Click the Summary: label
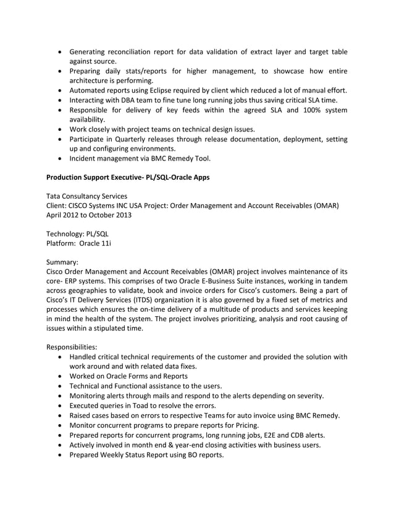(x=64, y=262)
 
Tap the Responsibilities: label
(x=72, y=347)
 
